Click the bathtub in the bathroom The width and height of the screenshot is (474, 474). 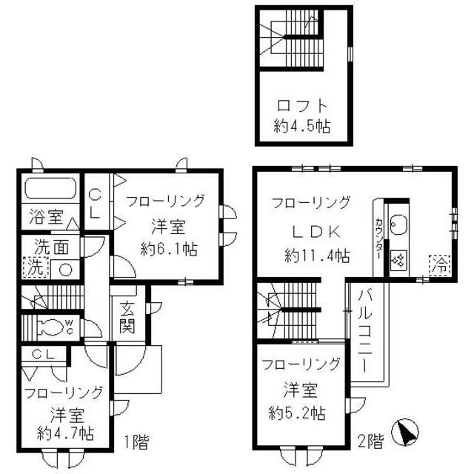(x=50, y=188)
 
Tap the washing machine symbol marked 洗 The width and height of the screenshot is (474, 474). (x=34, y=267)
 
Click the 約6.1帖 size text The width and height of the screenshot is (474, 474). (x=168, y=249)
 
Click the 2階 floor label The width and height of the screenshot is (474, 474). (x=370, y=442)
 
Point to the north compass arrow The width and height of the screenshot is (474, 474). (x=407, y=432)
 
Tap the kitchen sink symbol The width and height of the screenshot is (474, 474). (x=396, y=224)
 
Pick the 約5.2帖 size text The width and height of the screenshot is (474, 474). (x=300, y=412)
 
